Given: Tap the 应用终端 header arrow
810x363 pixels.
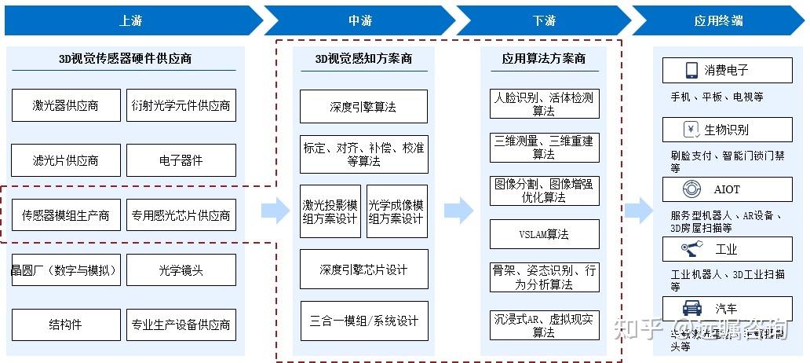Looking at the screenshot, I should pyautogui.click(x=718, y=20).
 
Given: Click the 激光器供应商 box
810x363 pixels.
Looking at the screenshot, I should pyautogui.click(x=66, y=105).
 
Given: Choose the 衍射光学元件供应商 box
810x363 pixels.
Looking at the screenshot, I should pyautogui.click(x=181, y=105).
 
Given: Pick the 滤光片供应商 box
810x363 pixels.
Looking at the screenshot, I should pyautogui.click(x=66, y=160).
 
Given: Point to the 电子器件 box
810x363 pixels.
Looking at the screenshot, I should pyautogui.click(x=181, y=160).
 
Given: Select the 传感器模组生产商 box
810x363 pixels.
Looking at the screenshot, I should pyautogui.click(x=66, y=215).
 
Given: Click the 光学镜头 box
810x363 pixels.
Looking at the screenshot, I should pyautogui.click(x=181, y=270).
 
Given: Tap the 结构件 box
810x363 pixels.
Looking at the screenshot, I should pyautogui.click(x=66, y=324).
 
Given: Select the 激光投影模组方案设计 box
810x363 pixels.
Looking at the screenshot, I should pyautogui.click(x=330, y=211).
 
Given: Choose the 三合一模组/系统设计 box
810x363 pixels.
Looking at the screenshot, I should pyautogui.click(x=363, y=321).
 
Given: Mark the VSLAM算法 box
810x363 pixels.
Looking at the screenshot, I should pyautogui.click(x=544, y=234).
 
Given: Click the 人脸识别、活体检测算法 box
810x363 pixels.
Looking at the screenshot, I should pyautogui.click(x=544, y=104).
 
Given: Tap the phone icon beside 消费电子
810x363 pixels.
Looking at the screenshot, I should pyautogui.click(x=691, y=71).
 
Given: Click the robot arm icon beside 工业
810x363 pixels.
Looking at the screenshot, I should pyautogui.click(x=691, y=250).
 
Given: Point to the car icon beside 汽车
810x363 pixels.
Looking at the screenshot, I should pyautogui.click(x=691, y=308).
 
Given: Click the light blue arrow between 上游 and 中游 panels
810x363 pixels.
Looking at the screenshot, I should pyautogui.click(x=275, y=210).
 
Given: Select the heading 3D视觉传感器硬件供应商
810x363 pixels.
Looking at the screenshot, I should pyautogui.click(x=126, y=58).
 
